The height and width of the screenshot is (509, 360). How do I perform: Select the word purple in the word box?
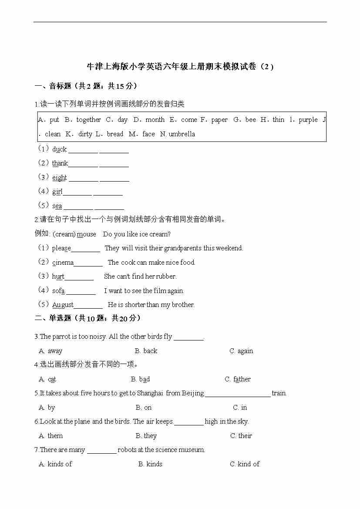point(308,120)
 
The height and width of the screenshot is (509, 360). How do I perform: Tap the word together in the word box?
point(88,120)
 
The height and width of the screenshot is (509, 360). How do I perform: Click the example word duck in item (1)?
point(59,149)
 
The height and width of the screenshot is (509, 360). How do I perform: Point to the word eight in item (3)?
point(59,178)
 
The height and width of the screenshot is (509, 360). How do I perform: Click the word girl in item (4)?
point(57,192)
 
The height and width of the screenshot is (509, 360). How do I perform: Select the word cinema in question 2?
point(63,263)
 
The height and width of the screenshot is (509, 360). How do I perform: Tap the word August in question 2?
point(63,305)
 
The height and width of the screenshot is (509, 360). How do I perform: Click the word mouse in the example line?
point(86,234)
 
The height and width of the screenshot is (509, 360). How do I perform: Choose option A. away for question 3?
point(50,351)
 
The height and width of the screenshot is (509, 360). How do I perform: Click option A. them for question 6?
point(51,436)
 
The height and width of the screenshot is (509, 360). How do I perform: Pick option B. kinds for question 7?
point(150,464)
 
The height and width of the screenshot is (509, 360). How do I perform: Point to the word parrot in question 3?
point(61,337)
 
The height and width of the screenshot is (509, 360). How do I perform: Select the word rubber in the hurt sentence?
point(166,276)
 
